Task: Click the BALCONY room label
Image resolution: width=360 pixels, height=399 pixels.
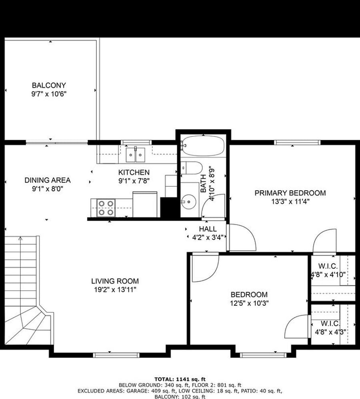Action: click(49, 85)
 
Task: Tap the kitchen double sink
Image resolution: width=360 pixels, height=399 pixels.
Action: click(136, 155)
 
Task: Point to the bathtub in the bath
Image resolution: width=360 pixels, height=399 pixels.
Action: click(203, 146)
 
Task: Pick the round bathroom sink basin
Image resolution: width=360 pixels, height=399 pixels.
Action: click(189, 202)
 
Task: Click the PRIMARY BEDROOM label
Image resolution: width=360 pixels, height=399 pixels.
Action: click(290, 193)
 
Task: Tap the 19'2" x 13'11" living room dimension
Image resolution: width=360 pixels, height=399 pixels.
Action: click(115, 290)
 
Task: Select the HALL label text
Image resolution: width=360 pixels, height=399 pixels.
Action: click(208, 229)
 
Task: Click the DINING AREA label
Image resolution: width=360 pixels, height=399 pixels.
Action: click(47, 180)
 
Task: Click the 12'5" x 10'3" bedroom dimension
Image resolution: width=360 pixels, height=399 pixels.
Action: click(249, 303)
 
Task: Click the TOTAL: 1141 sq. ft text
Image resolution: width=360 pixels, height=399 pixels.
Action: click(180, 379)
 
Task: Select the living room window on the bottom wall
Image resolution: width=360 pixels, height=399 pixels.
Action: click(116, 355)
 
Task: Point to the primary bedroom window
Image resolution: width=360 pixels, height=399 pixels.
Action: click(297, 142)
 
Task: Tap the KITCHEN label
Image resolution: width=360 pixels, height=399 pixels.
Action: click(134, 172)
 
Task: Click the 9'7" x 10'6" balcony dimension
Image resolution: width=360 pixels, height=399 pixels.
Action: click(49, 94)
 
